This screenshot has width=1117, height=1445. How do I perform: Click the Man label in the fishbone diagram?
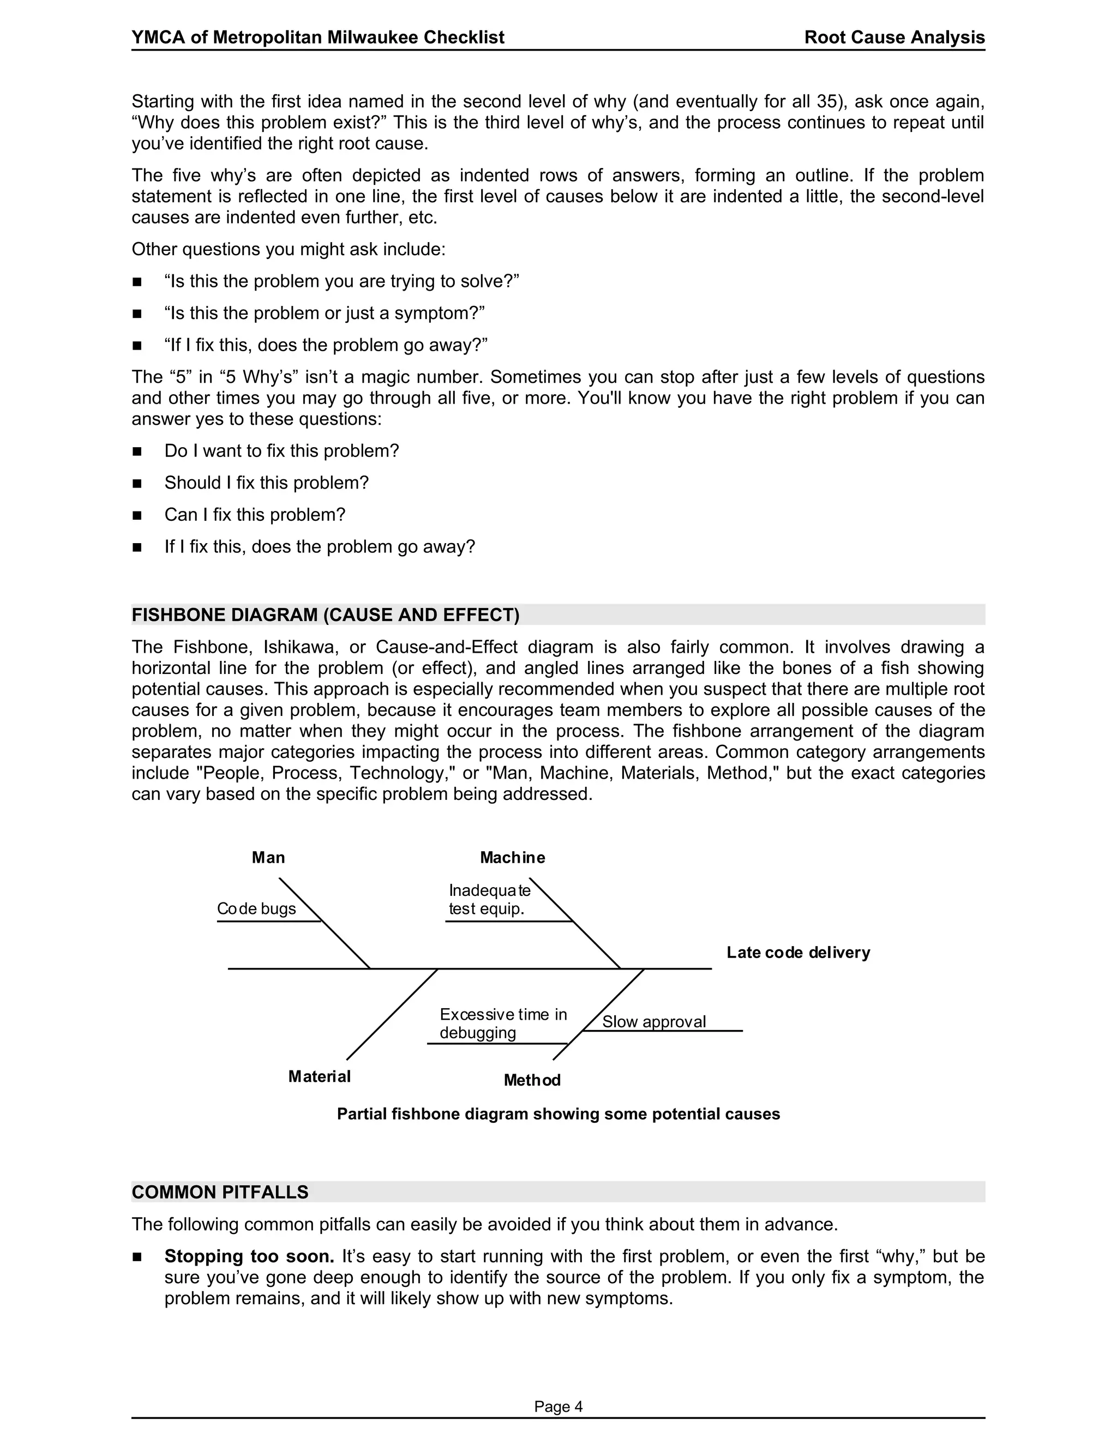[x=268, y=858]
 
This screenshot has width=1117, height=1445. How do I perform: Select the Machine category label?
[x=512, y=858]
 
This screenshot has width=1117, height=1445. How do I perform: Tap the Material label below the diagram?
[x=319, y=1076]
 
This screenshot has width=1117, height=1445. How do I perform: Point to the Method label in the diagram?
[x=531, y=1080]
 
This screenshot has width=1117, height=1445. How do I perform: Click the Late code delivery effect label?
[x=798, y=952]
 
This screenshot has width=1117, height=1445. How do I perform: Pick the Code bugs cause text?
[x=257, y=908]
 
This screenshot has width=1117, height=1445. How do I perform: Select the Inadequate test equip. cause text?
[x=489, y=900]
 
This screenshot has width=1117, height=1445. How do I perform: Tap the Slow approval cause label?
[x=654, y=1021]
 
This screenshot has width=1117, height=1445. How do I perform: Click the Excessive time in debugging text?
[x=503, y=1023]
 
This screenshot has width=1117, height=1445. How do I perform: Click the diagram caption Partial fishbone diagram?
[x=558, y=1114]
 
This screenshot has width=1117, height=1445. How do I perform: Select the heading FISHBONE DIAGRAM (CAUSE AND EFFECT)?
[x=326, y=615]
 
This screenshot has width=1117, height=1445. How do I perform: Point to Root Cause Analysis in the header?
[x=894, y=37]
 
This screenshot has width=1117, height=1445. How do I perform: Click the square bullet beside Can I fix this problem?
[x=137, y=515]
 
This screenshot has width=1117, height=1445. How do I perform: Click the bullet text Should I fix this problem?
[x=267, y=483]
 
